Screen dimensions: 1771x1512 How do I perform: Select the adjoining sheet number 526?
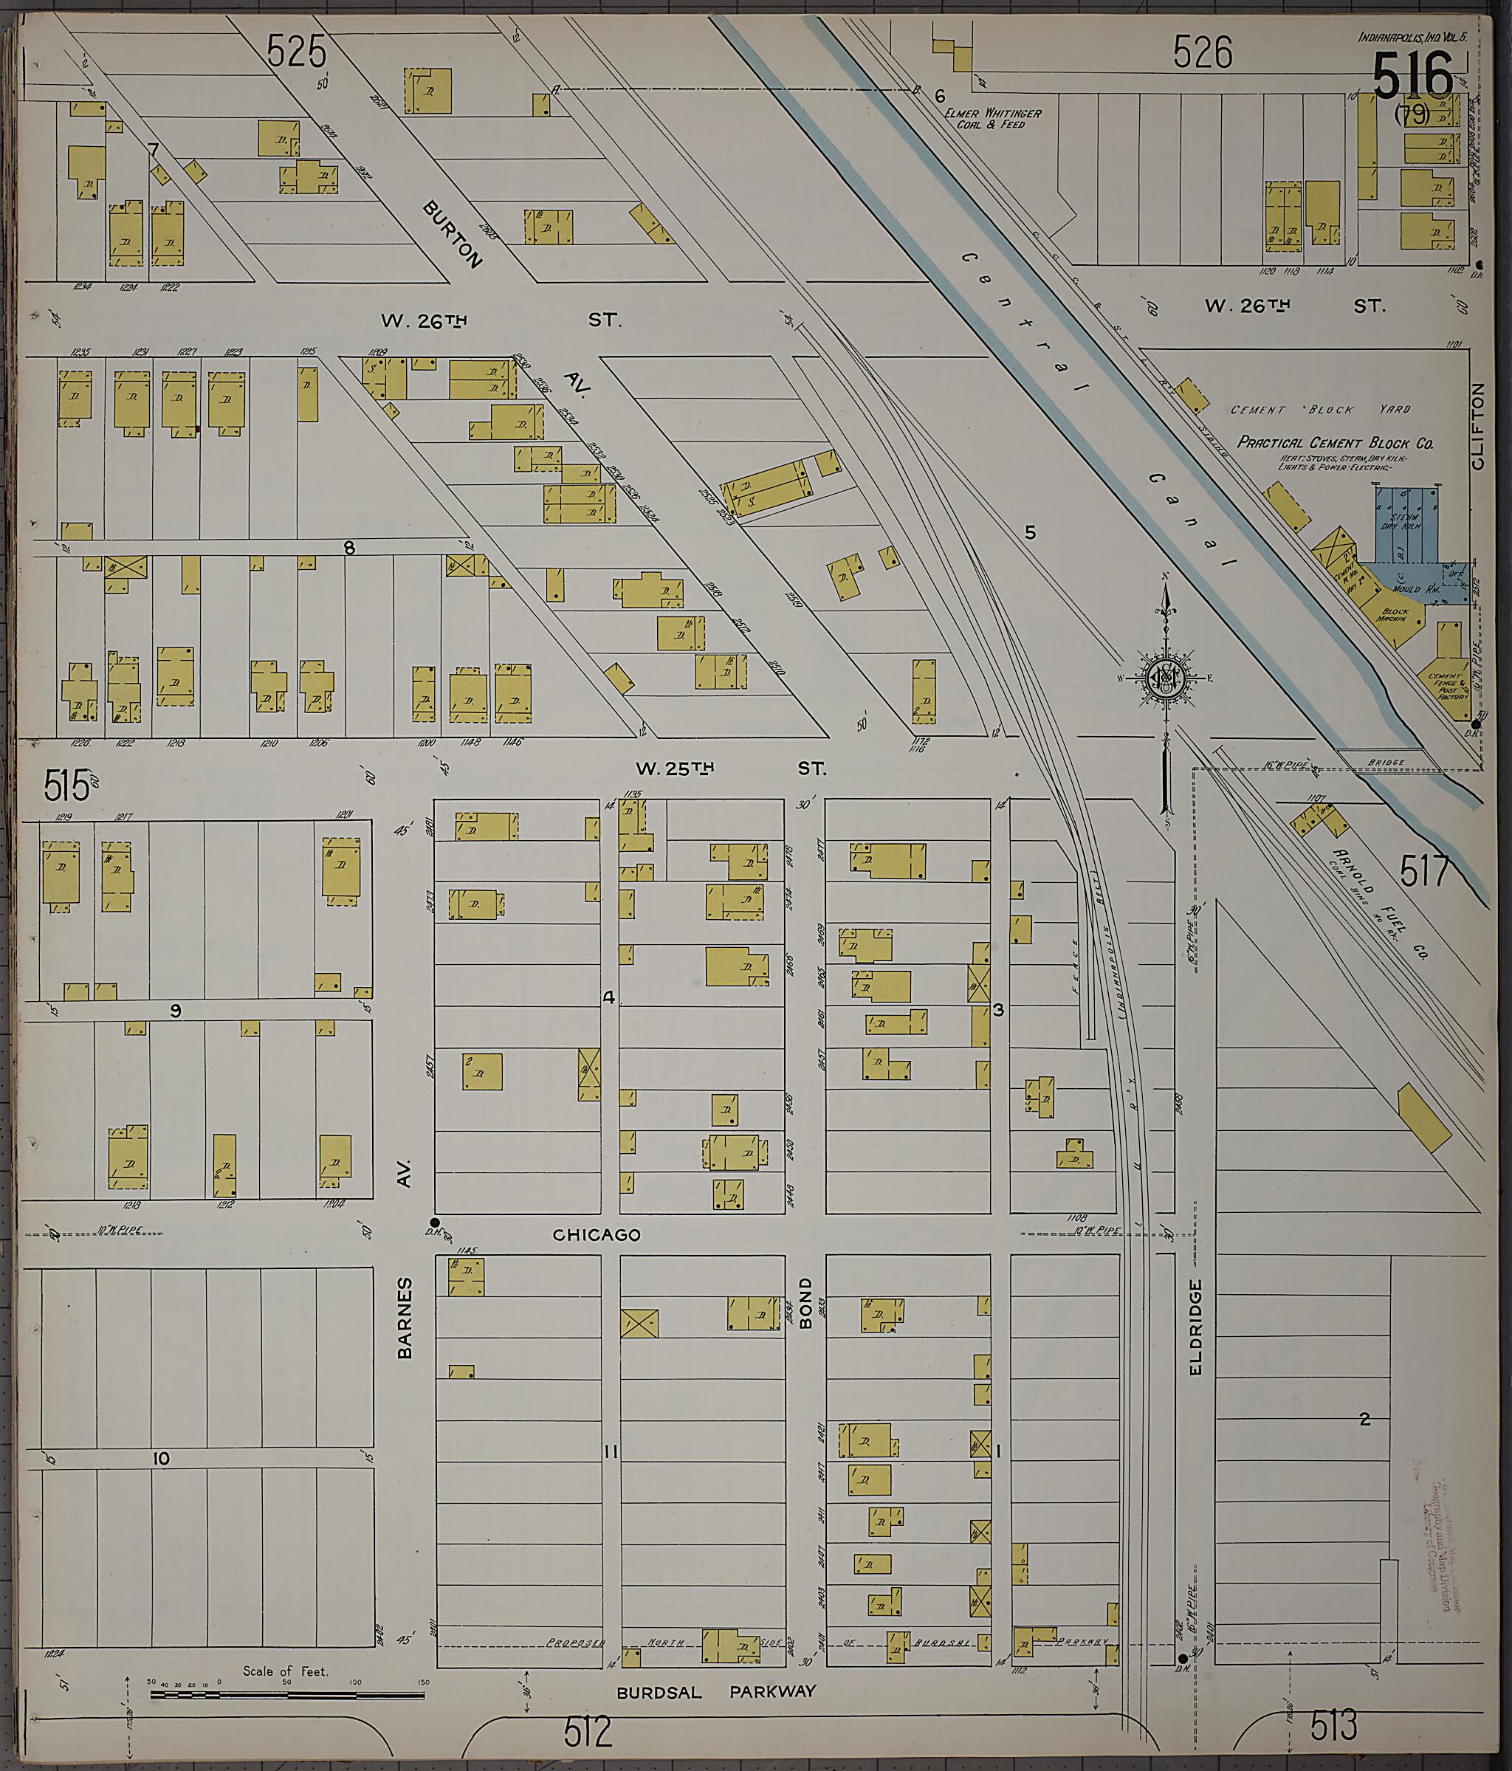pos(1203,53)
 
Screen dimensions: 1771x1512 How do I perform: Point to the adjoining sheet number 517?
pos(1425,871)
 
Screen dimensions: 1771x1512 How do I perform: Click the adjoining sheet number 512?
pos(588,1733)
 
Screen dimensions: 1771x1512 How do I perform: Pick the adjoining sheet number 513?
pos(1333,1727)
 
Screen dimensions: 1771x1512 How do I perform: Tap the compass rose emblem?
pos(1164,678)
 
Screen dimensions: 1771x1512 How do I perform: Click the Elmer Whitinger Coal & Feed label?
pos(992,118)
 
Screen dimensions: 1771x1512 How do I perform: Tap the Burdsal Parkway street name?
pos(715,1691)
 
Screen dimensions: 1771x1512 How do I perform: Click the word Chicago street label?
pos(596,1234)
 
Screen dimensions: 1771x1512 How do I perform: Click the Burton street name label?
pos(452,234)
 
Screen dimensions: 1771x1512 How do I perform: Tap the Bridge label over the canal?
pos(1385,762)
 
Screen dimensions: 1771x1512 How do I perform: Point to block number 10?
pos(161,1458)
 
